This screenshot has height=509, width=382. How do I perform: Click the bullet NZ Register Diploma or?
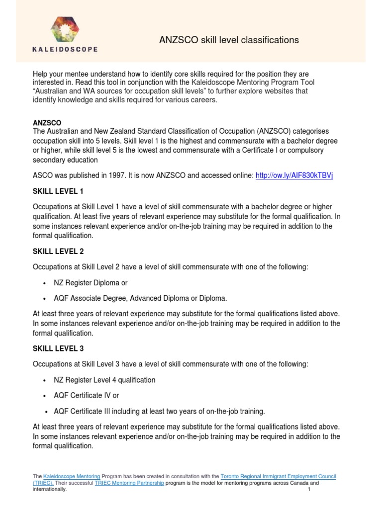tap(91, 283)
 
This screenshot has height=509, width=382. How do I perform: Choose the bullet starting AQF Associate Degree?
tap(141, 298)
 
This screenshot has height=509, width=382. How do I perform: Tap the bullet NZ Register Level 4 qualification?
tap(105, 380)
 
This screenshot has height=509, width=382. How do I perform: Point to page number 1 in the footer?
tap(309, 489)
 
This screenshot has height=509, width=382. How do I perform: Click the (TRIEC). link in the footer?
tap(45, 483)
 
